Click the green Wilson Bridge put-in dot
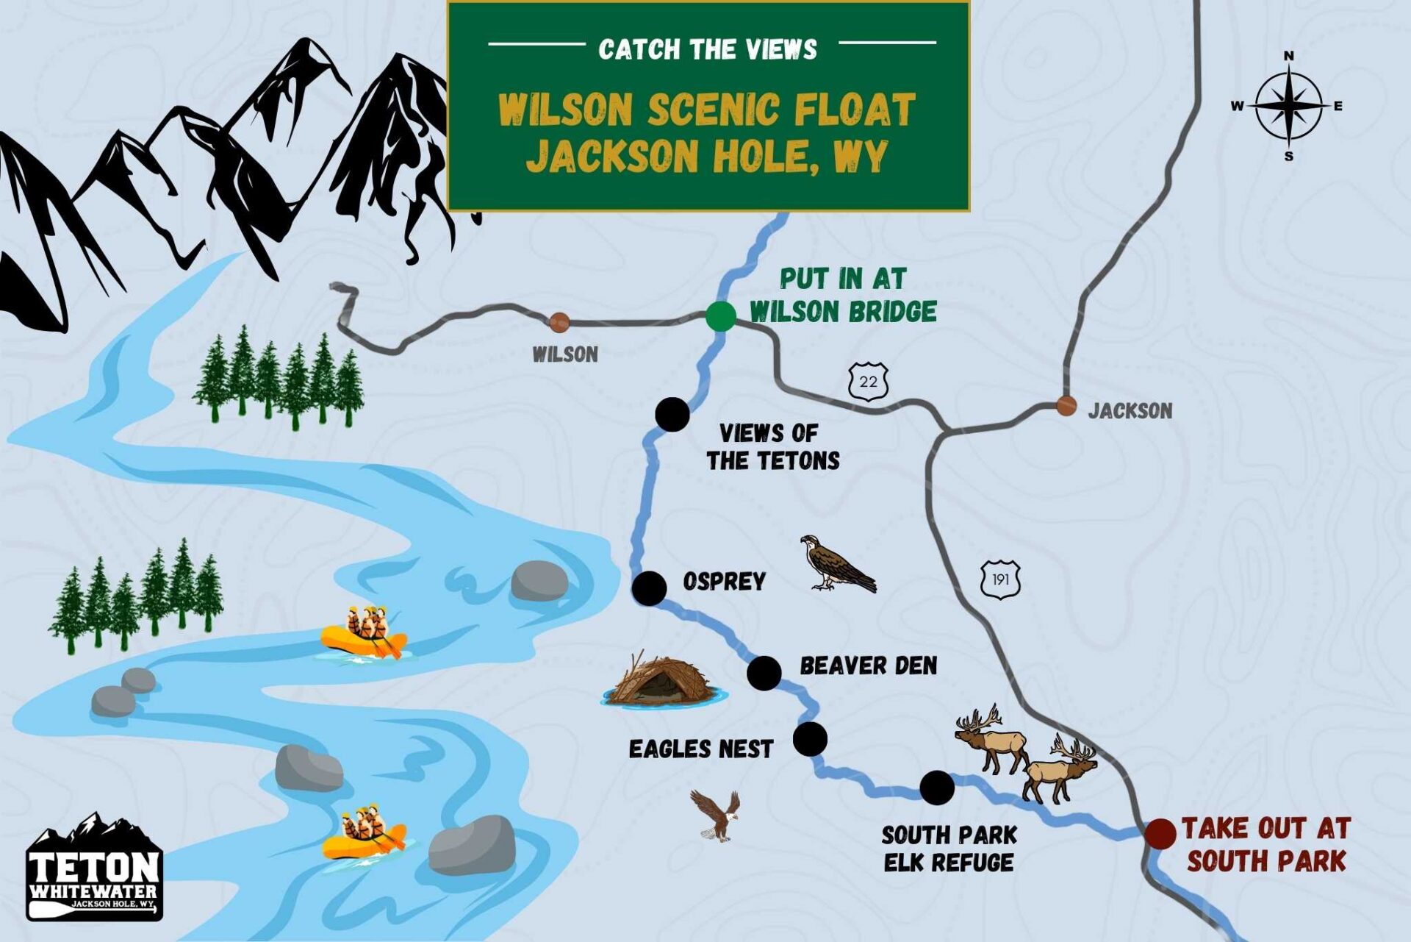coord(720,317)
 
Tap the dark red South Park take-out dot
coord(1160,834)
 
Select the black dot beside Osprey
coord(649,588)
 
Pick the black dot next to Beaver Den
coord(764,673)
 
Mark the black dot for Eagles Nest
coord(810,739)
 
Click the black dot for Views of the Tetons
coord(672,414)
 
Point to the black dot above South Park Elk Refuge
coord(937,788)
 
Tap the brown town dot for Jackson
coord(1066,405)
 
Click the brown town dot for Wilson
coord(559,322)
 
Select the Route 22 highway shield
coord(868,382)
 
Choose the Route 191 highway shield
coord(1000,579)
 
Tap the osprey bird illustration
coord(836,565)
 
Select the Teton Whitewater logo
coord(94,869)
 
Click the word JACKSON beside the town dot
coord(1130,410)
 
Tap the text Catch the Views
coord(707,49)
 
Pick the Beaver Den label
coord(868,666)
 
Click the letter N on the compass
coord(1288,56)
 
